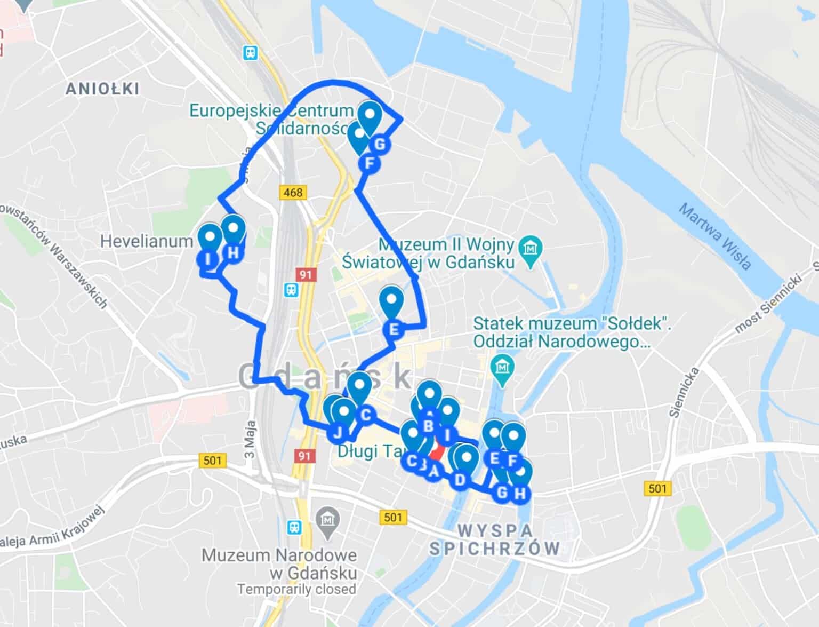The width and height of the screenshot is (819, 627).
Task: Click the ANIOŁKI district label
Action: (102, 89)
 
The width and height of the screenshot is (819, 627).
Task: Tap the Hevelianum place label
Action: (146, 241)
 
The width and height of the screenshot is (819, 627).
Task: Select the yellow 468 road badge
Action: (293, 192)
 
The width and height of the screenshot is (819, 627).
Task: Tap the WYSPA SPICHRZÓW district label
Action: (495, 539)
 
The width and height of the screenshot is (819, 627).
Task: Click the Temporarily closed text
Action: (296, 589)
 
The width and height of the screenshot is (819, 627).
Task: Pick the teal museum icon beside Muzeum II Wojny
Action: (530, 248)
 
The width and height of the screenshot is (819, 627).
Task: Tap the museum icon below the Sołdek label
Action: (502, 367)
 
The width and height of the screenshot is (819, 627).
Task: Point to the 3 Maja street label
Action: (251, 439)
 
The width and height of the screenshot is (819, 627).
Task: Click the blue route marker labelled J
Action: (338, 432)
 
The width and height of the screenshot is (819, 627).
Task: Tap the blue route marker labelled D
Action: (460, 480)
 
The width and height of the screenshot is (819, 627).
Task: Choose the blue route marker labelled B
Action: (428, 426)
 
